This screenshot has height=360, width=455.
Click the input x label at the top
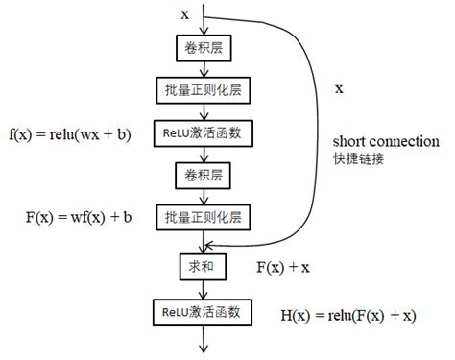(x=184, y=13)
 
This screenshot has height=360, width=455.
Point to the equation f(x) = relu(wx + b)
(x=70, y=133)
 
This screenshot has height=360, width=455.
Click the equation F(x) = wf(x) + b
(x=78, y=218)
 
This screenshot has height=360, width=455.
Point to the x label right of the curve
(x=338, y=88)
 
